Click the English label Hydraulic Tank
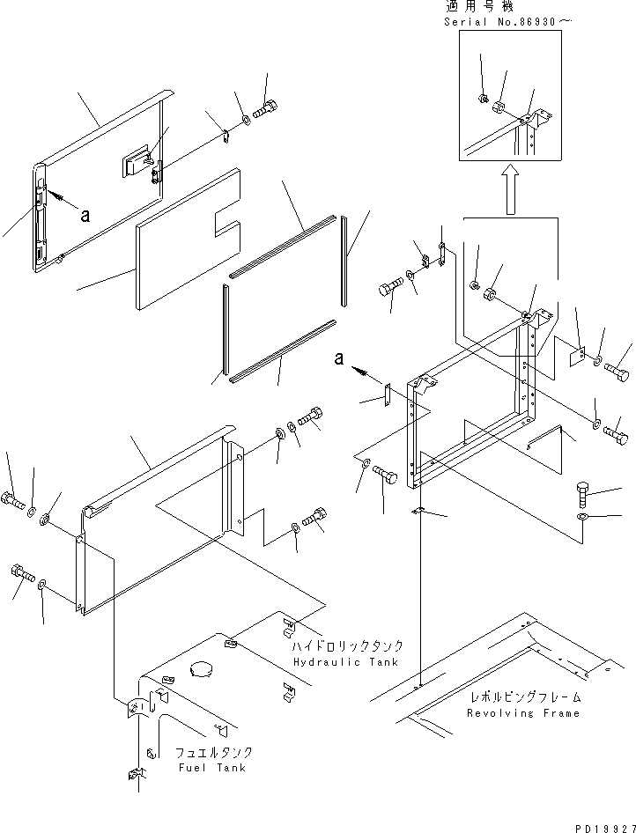click(x=346, y=662)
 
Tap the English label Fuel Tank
click(x=212, y=768)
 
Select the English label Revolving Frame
click(x=523, y=713)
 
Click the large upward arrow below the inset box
click(x=511, y=188)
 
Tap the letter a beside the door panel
click(x=85, y=215)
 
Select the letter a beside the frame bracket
click(x=339, y=358)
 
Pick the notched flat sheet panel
click(x=189, y=239)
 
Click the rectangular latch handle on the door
click(x=137, y=159)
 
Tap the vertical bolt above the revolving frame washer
click(x=583, y=493)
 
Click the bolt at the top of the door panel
click(x=265, y=109)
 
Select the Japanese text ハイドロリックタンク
click(x=347, y=646)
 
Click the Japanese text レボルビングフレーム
click(x=524, y=697)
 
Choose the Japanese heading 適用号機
click(x=479, y=7)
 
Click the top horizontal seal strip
click(x=283, y=247)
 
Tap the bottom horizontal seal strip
click(x=283, y=351)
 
